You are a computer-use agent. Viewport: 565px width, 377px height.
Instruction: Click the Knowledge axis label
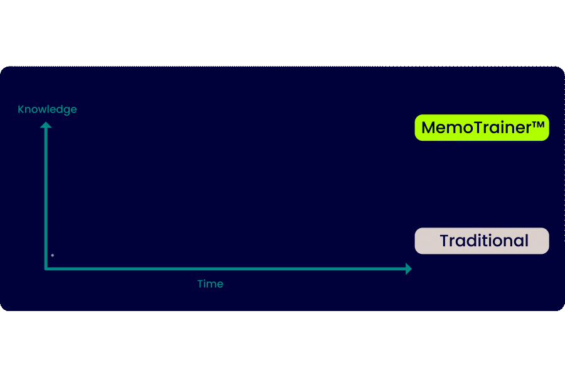(47, 109)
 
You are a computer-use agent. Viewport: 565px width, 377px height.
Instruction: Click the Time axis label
(210, 284)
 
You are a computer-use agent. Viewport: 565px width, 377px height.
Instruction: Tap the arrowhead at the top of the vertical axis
(46, 124)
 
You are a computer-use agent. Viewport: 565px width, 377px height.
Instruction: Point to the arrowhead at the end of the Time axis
(408, 269)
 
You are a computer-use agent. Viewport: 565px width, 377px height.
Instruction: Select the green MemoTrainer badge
(482, 128)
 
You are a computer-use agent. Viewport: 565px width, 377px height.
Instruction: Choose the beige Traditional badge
(482, 241)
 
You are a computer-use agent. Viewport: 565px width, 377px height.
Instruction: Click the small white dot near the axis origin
(52, 255)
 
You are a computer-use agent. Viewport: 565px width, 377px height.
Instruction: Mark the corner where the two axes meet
(46, 268)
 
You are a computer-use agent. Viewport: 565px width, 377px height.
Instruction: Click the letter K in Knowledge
(21, 109)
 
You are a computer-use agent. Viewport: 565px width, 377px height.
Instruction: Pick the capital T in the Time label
(200, 284)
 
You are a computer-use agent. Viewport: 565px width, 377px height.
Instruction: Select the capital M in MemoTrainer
(429, 128)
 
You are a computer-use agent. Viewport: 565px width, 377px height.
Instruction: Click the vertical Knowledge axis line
(46, 195)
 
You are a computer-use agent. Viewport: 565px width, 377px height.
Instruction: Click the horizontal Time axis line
(226, 269)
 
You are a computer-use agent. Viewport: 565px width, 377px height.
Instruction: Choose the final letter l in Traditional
(526, 241)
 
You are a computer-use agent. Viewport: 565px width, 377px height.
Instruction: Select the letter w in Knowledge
(42, 110)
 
